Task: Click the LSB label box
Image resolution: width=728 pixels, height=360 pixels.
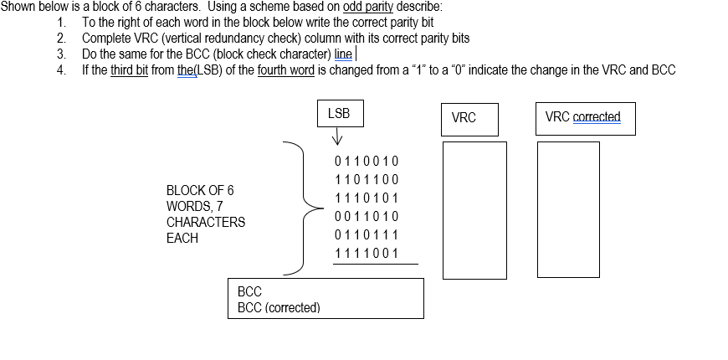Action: [x=340, y=114]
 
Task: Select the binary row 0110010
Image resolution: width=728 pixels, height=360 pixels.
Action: [x=367, y=161]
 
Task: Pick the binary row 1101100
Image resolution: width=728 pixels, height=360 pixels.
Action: [x=367, y=179]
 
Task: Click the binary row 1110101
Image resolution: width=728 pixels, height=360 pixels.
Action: [x=367, y=198]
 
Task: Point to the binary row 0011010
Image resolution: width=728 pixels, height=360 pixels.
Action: [x=367, y=217]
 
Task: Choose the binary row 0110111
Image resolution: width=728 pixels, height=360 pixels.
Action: [x=367, y=235]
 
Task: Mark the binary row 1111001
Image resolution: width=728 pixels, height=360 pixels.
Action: [x=367, y=254]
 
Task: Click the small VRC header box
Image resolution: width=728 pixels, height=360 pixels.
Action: [x=469, y=119]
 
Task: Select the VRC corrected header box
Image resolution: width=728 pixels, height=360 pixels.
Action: [x=585, y=118]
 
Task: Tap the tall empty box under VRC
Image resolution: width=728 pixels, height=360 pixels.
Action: [x=474, y=209]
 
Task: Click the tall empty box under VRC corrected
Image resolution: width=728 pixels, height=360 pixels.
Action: [x=568, y=209]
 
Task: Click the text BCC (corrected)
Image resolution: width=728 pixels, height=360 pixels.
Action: [x=279, y=307]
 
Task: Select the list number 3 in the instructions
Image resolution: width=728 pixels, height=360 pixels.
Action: [x=61, y=54]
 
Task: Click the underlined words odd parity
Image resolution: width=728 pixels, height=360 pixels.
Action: [x=368, y=7]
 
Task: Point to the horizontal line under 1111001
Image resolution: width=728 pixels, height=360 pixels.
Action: [x=375, y=264]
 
